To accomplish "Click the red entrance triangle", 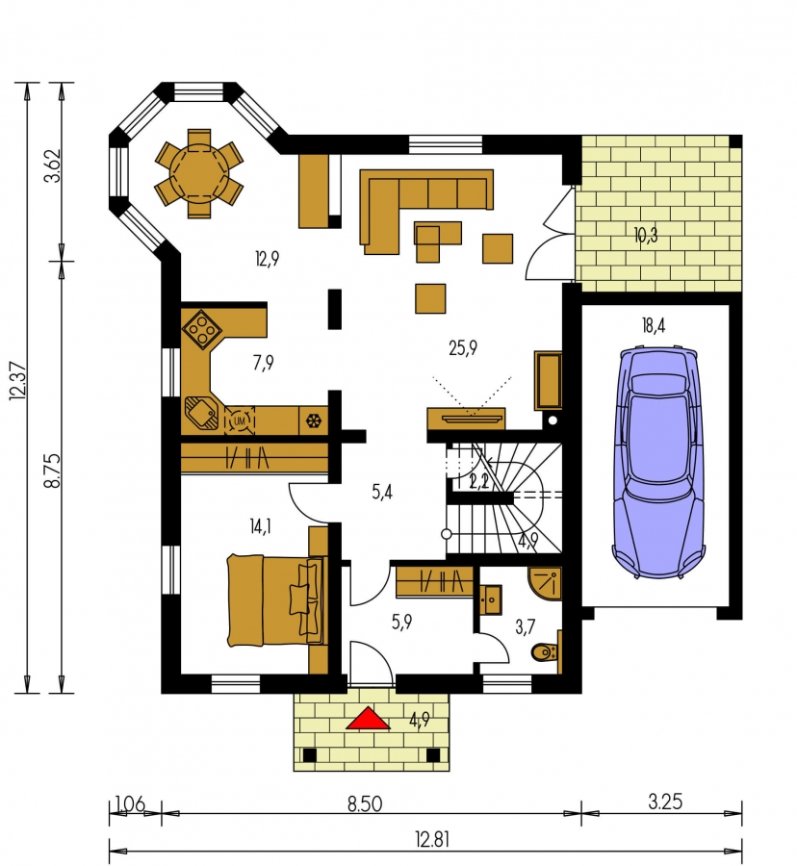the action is pyautogui.click(x=368, y=719).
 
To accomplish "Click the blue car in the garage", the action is pyautogui.click(x=658, y=462).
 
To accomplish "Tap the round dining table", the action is pyautogui.click(x=199, y=173).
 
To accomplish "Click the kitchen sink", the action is pyautogui.click(x=201, y=413).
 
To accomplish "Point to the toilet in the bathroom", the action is pyautogui.click(x=545, y=652).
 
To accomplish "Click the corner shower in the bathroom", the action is pyautogui.click(x=545, y=583).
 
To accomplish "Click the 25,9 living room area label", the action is pyautogui.click(x=463, y=348).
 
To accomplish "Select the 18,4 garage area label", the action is pyautogui.click(x=654, y=325).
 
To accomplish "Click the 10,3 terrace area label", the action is pyautogui.click(x=646, y=236).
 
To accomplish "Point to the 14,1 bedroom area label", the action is pyautogui.click(x=260, y=526).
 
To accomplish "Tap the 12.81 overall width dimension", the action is pyautogui.click(x=432, y=840).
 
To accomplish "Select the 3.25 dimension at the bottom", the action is pyautogui.click(x=665, y=802).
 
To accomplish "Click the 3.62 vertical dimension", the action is pyautogui.click(x=53, y=166).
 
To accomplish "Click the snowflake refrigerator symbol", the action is pyautogui.click(x=314, y=421).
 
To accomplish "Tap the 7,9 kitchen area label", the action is pyautogui.click(x=264, y=363).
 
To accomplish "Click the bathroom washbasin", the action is pyautogui.click(x=490, y=599).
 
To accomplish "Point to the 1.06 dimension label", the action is pyautogui.click(x=130, y=803).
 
